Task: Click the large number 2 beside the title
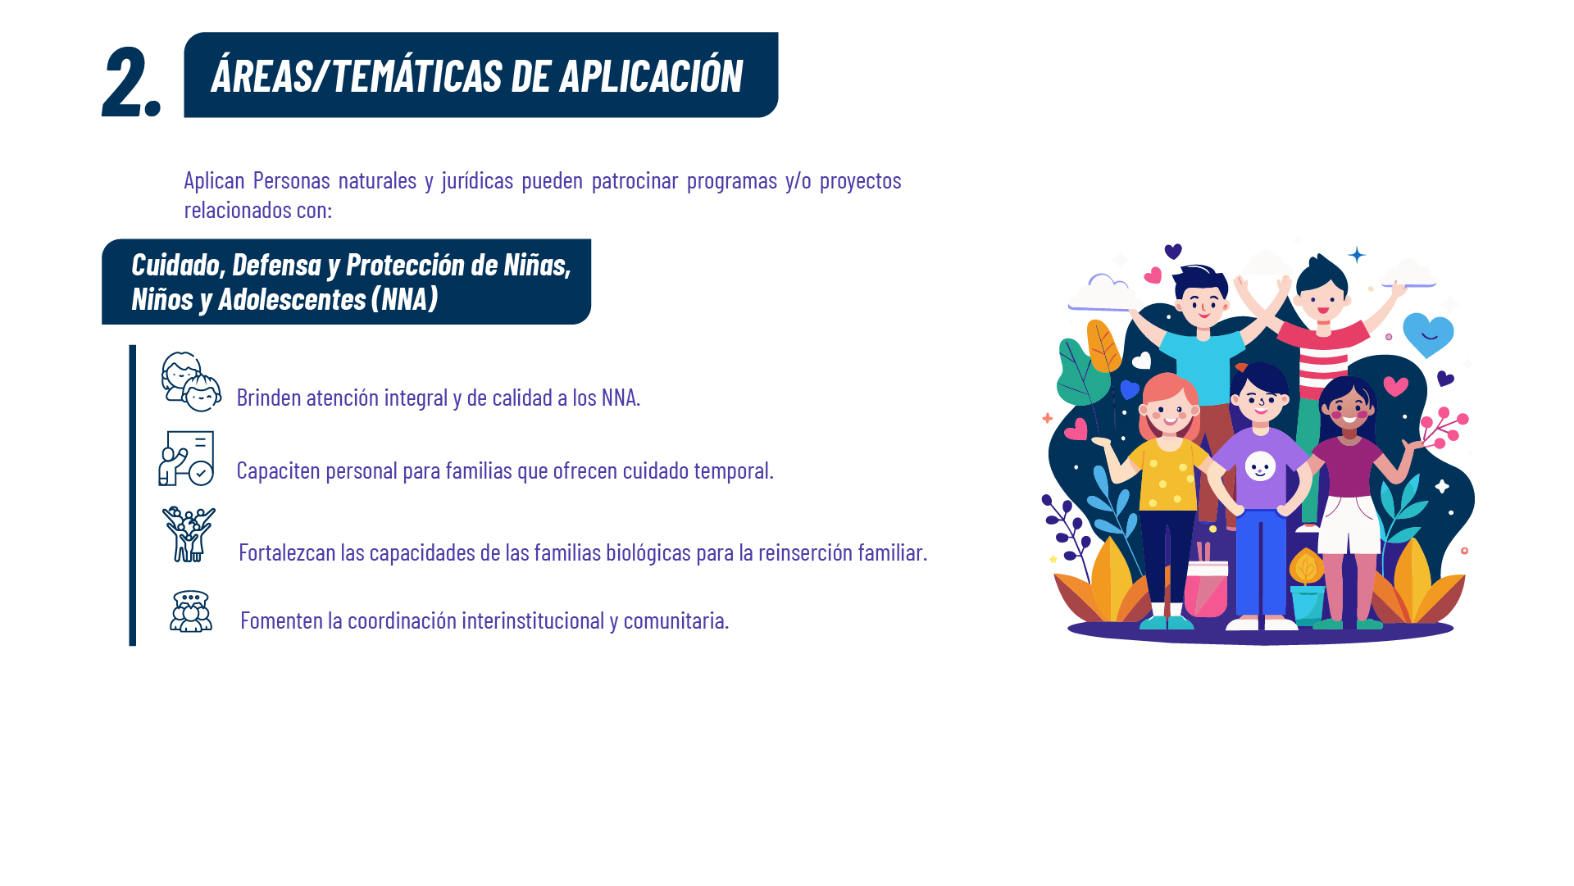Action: tap(123, 80)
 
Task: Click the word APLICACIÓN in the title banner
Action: tap(651, 75)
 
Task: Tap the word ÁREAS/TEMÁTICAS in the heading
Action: tap(357, 75)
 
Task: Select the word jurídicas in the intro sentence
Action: tap(477, 181)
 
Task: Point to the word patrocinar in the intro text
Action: tap(635, 181)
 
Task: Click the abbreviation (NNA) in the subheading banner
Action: tap(404, 299)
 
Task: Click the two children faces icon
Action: tap(191, 382)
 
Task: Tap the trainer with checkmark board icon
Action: tap(186, 458)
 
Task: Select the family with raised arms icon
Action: tap(189, 534)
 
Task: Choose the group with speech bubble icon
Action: tap(191, 611)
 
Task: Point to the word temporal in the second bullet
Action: tap(733, 470)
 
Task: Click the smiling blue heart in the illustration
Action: tap(1428, 334)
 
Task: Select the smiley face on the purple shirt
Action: tap(1260, 466)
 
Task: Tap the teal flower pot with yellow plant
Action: tap(1307, 587)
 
